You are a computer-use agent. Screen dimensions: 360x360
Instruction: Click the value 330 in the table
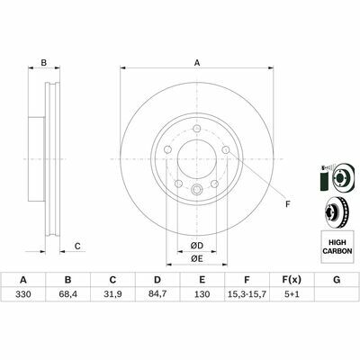(x=23, y=294)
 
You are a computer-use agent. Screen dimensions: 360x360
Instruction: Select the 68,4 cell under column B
(x=68, y=294)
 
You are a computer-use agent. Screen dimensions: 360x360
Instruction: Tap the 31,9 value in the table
(x=112, y=294)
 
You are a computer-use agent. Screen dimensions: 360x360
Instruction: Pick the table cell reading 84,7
(x=157, y=294)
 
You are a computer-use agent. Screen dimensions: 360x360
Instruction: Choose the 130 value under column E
(x=202, y=294)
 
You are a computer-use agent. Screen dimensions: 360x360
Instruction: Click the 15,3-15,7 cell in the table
(x=247, y=294)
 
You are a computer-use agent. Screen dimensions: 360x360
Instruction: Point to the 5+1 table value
(x=292, y=294)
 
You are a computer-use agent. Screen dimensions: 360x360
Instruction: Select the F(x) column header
(x=292, y=280)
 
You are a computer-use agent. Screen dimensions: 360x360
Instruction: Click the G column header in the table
(x=337, y=280)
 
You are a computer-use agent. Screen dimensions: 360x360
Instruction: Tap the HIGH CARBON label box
(x=337, y=247)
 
